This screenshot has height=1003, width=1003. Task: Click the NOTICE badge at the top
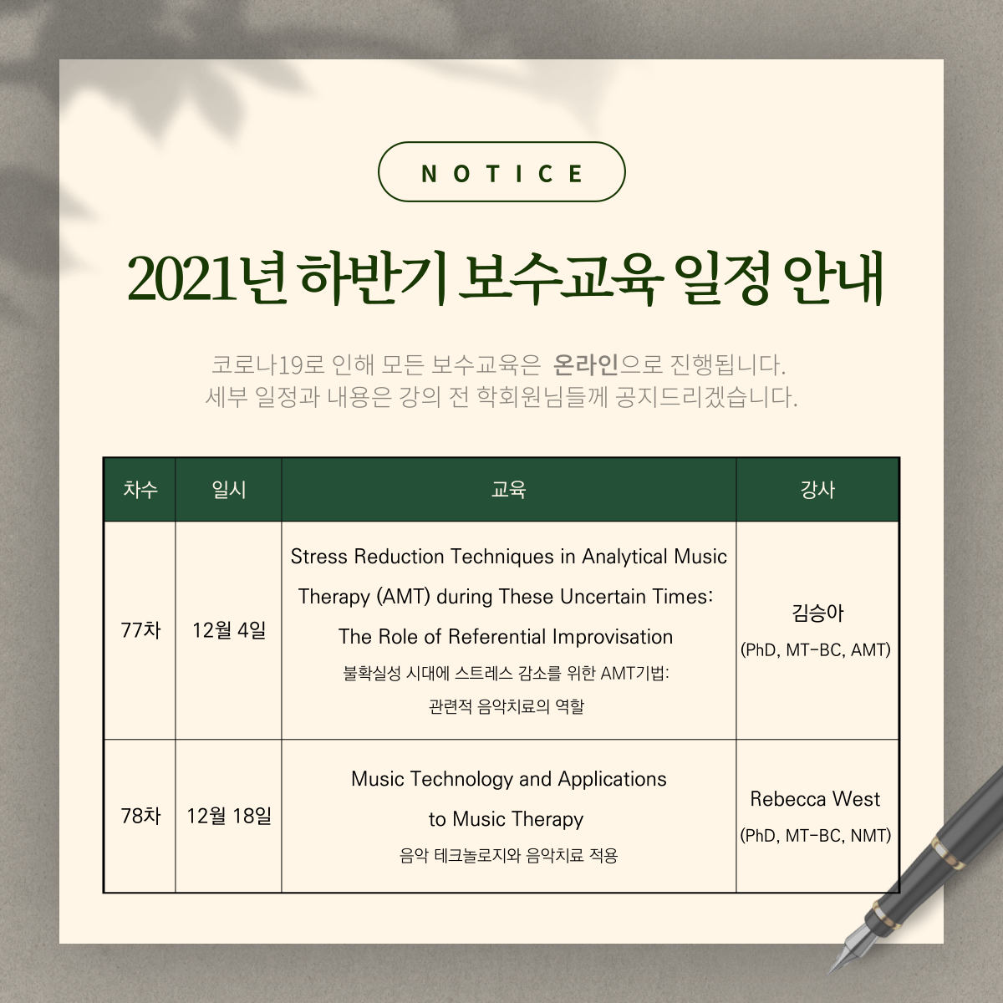[501, 172]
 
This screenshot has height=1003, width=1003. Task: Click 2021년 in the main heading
[206, 279]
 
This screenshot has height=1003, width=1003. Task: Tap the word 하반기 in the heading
[373, 279]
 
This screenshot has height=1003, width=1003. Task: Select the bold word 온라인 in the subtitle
[585, 364]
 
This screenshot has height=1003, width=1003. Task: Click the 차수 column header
[140, 489]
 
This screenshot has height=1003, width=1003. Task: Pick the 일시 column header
[228, 489]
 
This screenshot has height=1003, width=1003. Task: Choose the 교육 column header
[508, 489]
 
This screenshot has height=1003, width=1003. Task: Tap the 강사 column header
[817, 489]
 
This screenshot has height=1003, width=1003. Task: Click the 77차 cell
[140, 630]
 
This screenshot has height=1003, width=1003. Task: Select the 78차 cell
[140, 816]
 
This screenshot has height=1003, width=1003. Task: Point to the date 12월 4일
[229, 630]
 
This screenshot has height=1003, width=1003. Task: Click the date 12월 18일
[229, 816]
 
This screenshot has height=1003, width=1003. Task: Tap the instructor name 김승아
[817, 614]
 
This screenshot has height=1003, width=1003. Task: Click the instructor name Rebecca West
[815, 799]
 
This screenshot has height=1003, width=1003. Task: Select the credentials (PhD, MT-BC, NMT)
[816, 835]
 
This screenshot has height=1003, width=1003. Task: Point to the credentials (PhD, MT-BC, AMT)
[816, 649]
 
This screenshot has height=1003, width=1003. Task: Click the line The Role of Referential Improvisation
[506, 637]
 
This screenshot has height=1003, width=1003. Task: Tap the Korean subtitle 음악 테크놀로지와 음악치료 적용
[508, 856]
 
